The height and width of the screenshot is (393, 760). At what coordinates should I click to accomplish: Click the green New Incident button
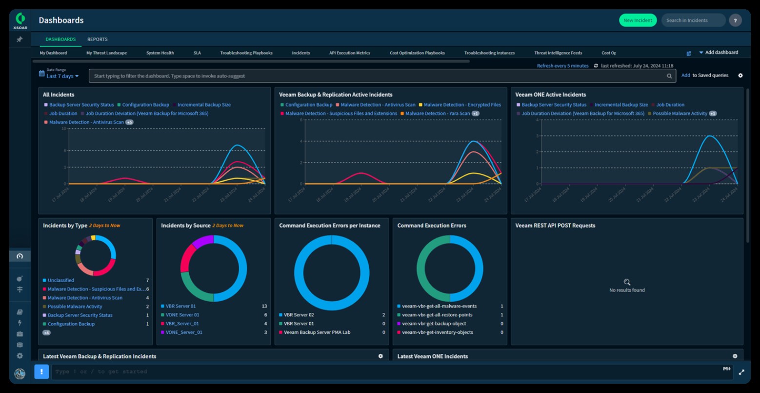(638, 21)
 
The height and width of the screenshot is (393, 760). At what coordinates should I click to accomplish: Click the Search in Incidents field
(693, 21)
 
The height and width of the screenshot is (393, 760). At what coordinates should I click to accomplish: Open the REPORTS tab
(98, 39)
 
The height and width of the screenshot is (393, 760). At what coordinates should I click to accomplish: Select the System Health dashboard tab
(160, 53)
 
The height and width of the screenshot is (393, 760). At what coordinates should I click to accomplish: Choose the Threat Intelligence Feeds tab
(558, 53)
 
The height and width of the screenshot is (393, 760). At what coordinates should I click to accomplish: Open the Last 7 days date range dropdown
(62, 76)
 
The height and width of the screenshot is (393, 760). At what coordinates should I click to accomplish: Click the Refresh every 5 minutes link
(562, 66)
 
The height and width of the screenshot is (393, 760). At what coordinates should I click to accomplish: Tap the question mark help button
(735, 21)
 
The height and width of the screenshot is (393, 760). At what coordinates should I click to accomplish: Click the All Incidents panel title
(59, 95)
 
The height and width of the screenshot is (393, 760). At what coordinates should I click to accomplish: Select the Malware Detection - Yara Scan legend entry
(437, 113)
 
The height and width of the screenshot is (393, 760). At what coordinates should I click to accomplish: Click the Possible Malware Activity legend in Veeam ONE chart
(680, 113)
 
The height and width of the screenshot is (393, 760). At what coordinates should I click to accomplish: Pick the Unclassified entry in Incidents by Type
(61, 280)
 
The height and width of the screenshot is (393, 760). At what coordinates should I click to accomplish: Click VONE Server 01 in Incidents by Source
(182, 315)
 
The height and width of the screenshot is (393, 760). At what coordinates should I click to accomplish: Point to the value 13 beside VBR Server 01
(264, 306)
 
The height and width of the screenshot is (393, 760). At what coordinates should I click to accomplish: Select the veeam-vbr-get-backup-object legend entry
(434, 324)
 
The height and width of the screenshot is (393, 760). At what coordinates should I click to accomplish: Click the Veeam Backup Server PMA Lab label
(317, 332)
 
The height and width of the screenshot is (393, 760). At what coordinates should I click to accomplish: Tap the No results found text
(627, 290)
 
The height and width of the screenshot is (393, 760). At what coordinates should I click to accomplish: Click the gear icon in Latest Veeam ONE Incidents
(735, 356)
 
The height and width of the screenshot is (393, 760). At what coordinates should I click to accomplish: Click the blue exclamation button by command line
(41, 372)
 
